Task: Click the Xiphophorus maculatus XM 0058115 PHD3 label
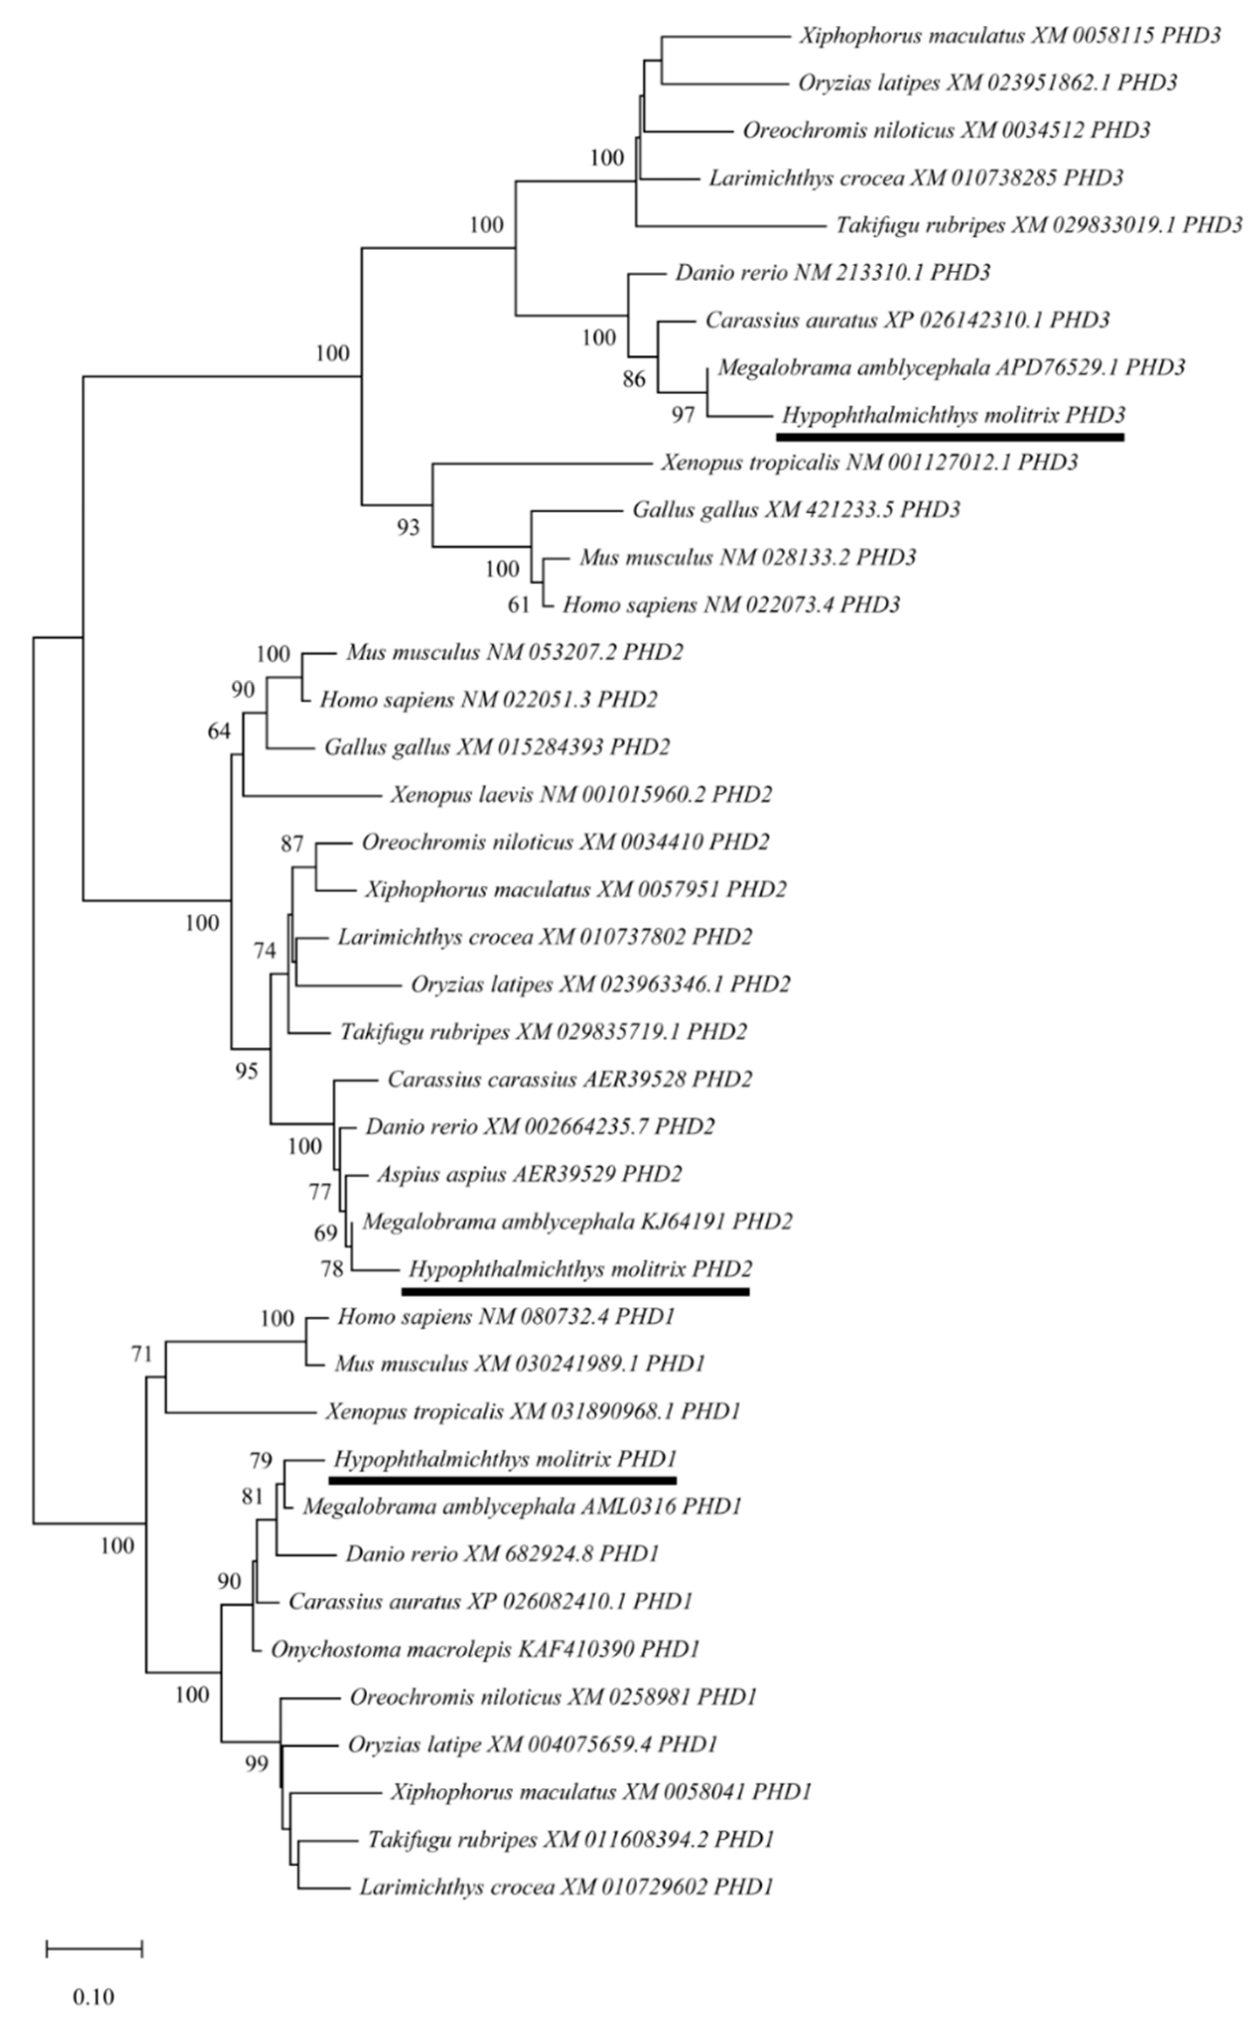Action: [1010, 36]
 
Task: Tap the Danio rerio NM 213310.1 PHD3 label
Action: [832, 272]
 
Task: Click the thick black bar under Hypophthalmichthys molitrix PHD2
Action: [575, 1291]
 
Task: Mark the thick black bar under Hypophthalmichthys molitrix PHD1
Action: [503, 1481]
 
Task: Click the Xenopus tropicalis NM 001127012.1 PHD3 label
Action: [869, 462]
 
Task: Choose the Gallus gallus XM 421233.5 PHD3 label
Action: [796, 509]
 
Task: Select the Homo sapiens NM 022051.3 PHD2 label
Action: [488, 699]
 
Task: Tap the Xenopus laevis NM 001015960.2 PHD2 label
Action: [581, 794]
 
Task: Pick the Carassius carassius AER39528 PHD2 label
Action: [569, 1079]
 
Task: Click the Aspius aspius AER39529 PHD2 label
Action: [529, 1174]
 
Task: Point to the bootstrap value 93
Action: [408, 528]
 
